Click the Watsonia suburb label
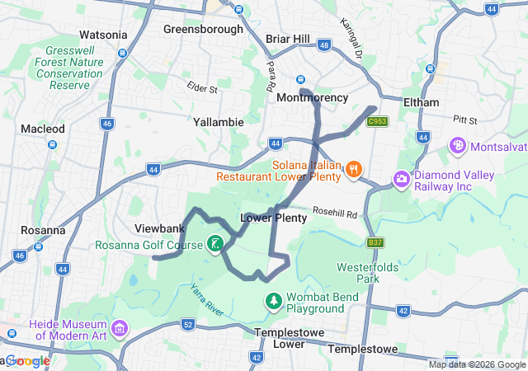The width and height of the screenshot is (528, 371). tap(103, 35)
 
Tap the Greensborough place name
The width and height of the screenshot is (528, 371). tap(203, 29)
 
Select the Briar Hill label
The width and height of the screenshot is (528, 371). tap(288, 39)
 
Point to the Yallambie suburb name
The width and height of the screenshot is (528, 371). tap(218, 122)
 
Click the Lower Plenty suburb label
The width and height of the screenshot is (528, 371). tap(273, 218)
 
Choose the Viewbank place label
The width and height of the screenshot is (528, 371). tap(158, 227)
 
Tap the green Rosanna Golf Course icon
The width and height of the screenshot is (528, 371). tap(214, 243)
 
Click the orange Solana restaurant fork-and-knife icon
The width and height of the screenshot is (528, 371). tap(353, 169)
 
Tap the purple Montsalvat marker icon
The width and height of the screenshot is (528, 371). tap(458, 146)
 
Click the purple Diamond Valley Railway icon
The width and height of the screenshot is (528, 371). tap(402, 179)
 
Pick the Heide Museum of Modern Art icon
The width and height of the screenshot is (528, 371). tap(120, 329)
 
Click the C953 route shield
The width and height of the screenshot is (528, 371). tap(378, 121)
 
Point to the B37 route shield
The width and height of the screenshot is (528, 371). tap(376, 242)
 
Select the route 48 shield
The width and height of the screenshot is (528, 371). tap(323, 45)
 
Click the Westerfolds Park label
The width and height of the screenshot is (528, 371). tap(368, 273)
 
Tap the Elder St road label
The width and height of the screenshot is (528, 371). tap(201, 87)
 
